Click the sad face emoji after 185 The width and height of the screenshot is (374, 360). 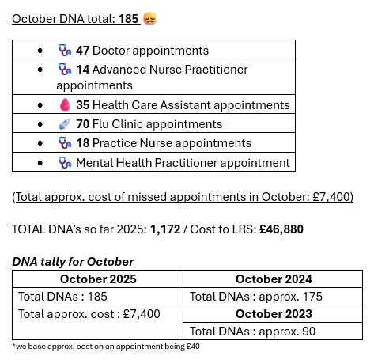tap(149, 17)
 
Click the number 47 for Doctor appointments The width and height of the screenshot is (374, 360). tap(83, 51)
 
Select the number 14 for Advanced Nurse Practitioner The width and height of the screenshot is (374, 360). tap(83, 70)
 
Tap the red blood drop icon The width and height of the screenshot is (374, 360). tap(65, 104)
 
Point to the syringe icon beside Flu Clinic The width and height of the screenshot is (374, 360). tap(65, 124)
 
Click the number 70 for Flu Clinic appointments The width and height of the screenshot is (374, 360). tap(83, 124)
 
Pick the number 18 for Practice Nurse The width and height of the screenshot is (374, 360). tap(83, 143)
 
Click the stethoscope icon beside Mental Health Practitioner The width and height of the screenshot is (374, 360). tap(65, 163)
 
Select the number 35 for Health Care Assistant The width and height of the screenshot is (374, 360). tap(83, 104)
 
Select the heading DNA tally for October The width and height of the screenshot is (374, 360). tap(73, 262)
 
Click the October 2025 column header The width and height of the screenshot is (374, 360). tap(98, 279)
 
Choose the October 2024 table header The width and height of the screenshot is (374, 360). tap(274, 279)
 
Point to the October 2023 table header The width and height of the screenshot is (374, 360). tap(274, 314)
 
